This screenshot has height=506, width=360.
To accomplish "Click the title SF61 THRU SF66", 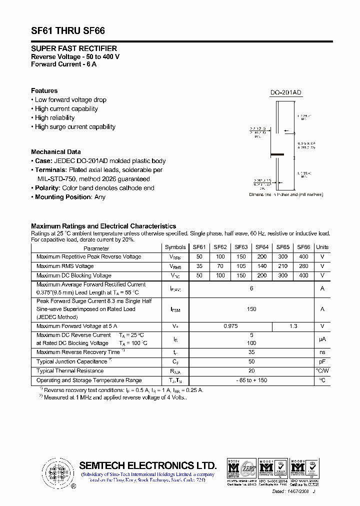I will tap(68, 30).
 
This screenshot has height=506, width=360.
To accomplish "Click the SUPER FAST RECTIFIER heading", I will tap(74, 48).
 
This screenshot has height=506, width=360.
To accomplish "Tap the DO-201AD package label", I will tap(286, 92).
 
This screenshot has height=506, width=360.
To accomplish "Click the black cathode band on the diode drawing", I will tap(278, 153).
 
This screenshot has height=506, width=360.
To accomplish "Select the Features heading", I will tap(44, 90).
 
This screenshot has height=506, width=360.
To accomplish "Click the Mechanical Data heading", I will tap(55, 152).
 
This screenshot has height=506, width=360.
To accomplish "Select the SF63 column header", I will tap(241, 247).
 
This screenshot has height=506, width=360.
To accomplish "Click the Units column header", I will tap(322, 247).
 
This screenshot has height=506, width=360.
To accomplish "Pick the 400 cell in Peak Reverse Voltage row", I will tap(303, 256).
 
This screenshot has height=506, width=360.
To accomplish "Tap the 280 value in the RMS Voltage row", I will tap(303, 266).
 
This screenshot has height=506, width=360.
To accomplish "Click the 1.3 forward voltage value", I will tap(293, 326).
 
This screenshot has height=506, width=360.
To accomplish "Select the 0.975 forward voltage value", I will tap(230, 326).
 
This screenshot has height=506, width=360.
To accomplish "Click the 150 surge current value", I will tap(251, 309).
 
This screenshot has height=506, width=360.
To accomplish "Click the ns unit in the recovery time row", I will tap(322, 352).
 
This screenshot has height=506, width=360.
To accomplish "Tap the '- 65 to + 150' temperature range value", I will tap(251, 380).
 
